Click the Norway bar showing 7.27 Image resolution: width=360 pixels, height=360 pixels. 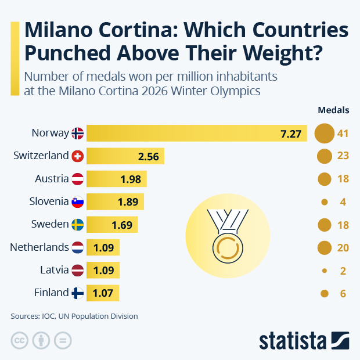(196, 134)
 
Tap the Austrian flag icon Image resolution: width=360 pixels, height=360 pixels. (77, 179)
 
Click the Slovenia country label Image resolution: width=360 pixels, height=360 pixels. (49, 201)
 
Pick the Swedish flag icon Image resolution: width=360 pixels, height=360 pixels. (77, 224)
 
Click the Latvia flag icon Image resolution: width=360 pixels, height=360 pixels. (77, 270)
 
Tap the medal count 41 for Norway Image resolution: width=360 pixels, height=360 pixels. (342, 134)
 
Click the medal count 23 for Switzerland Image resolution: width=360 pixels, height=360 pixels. (342, 156)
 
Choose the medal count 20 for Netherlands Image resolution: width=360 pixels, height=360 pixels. (342, 248)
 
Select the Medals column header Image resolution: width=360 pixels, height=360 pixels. (333, 110)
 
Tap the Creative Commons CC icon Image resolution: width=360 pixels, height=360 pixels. (20, 340)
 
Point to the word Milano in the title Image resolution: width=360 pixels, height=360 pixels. (63, 30)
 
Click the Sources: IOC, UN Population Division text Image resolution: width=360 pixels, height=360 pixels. (74, 316)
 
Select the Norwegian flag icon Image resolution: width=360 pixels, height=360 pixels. (77, 134)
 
